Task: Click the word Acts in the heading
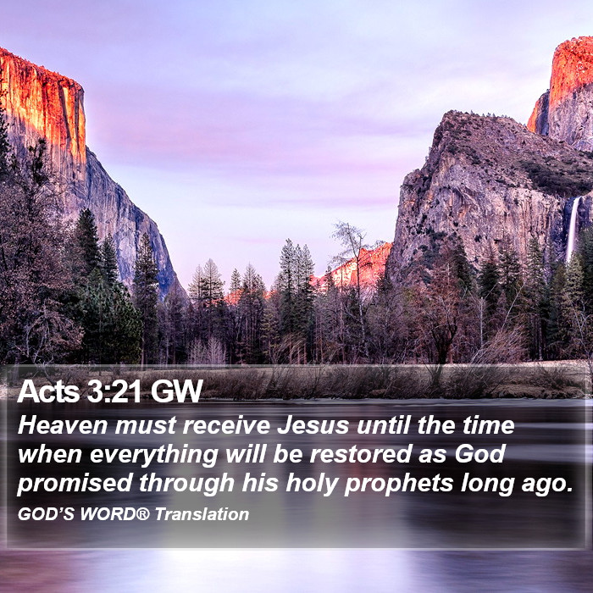[48, 391]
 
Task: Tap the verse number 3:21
[114, 391]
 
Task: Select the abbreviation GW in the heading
[176, 391]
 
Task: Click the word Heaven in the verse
[63, 425]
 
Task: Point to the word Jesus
[313, 425]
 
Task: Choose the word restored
[360, 454]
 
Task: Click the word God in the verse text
[480, 454]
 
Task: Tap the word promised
[75, 484]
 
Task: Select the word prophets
[399, 484]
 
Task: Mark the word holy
[311, 484]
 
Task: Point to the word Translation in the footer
[202, 514]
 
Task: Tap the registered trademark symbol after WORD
[142, 514]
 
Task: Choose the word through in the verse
[187, 484]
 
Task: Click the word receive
[226, 425]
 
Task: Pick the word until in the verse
[383, 425]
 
